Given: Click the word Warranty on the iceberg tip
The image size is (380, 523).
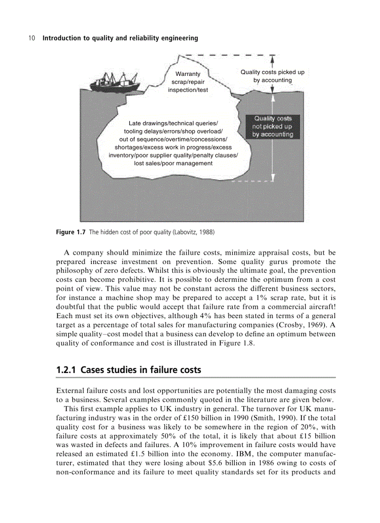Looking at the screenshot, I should tap(188, 74).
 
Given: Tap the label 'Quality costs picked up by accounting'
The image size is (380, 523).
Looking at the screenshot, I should tap(272, 76).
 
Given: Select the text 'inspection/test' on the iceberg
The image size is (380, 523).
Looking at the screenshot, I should tap(188, 90).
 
